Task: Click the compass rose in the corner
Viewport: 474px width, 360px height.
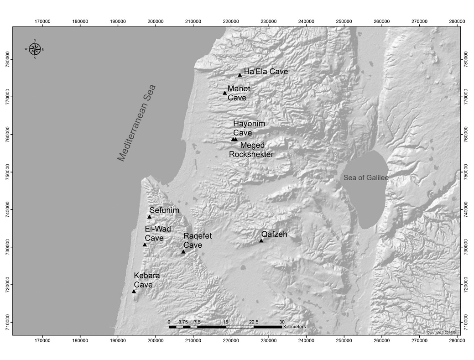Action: tap(35, 49)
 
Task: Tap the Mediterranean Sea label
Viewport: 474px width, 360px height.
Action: tap(137, 123)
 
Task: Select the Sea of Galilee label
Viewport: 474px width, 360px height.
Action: tap(366, 178)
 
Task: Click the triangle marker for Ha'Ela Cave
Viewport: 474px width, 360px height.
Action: tap(240, 75)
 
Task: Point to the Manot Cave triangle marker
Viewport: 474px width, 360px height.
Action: tap(225, 93)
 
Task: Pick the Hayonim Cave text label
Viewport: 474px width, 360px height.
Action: tap(249, 128)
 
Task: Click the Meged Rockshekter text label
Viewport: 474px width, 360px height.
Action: tap(251, 150)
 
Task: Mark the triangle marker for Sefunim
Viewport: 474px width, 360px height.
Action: tap(149, 217)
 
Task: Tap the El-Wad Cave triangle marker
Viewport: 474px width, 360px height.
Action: tap(145, 245)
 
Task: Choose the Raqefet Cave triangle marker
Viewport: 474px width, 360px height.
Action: tap(183, 252)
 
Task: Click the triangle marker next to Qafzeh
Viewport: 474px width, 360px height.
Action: tap(261, 240)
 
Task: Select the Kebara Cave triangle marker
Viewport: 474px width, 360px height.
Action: tap(134, 292)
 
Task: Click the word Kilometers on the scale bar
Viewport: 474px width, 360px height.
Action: tap(294, 327)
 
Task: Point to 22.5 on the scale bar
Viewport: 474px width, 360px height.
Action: tap(254, 322)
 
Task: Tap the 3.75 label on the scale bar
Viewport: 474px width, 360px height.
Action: tap(183, 322)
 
